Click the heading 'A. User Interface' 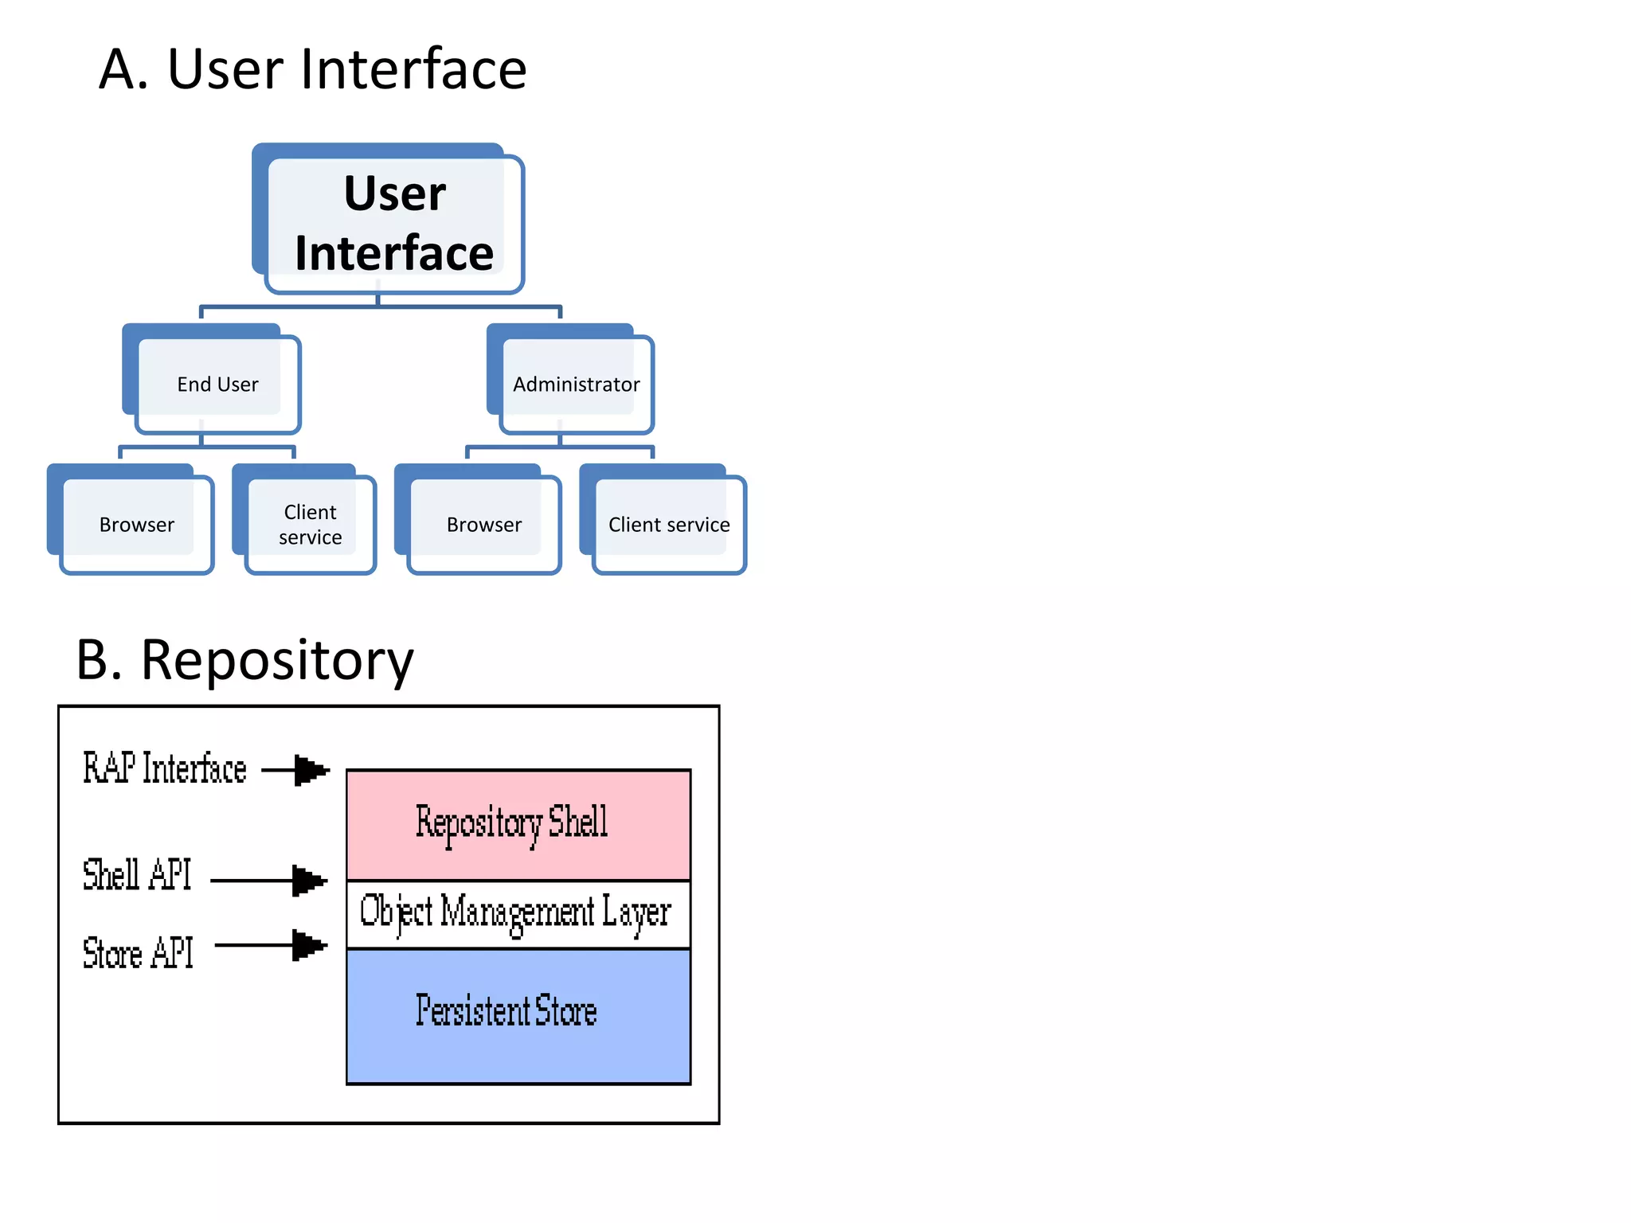pyautogui.click(x=312, y=70)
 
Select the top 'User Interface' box pyautogui.click(x=394, y=223)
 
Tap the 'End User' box pyautogui.click(x=217, y=385)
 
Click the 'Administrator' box pyautogui.click(x=576, y=385)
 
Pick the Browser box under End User pyautogui.click(x=136, y=525)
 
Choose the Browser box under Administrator pyautogui.click(x=483, y=525)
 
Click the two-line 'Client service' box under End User pyautogui.click(x=310, y=525)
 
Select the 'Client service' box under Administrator pyautogui.click(x=668, y=525)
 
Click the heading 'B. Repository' pyautogui.click(x=244, y=660)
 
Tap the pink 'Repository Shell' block pyautogui.click(x=518, y=824)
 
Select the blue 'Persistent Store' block pyautogui.click(x=518, y=1015)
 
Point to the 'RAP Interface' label pyautogui.click(x=165, y=769)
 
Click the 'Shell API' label pyautogui.click(x=137, y=875)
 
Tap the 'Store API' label pyautogui.click(x=138, y=953)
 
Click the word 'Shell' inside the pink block pyautogui.click(x=577, y=822)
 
